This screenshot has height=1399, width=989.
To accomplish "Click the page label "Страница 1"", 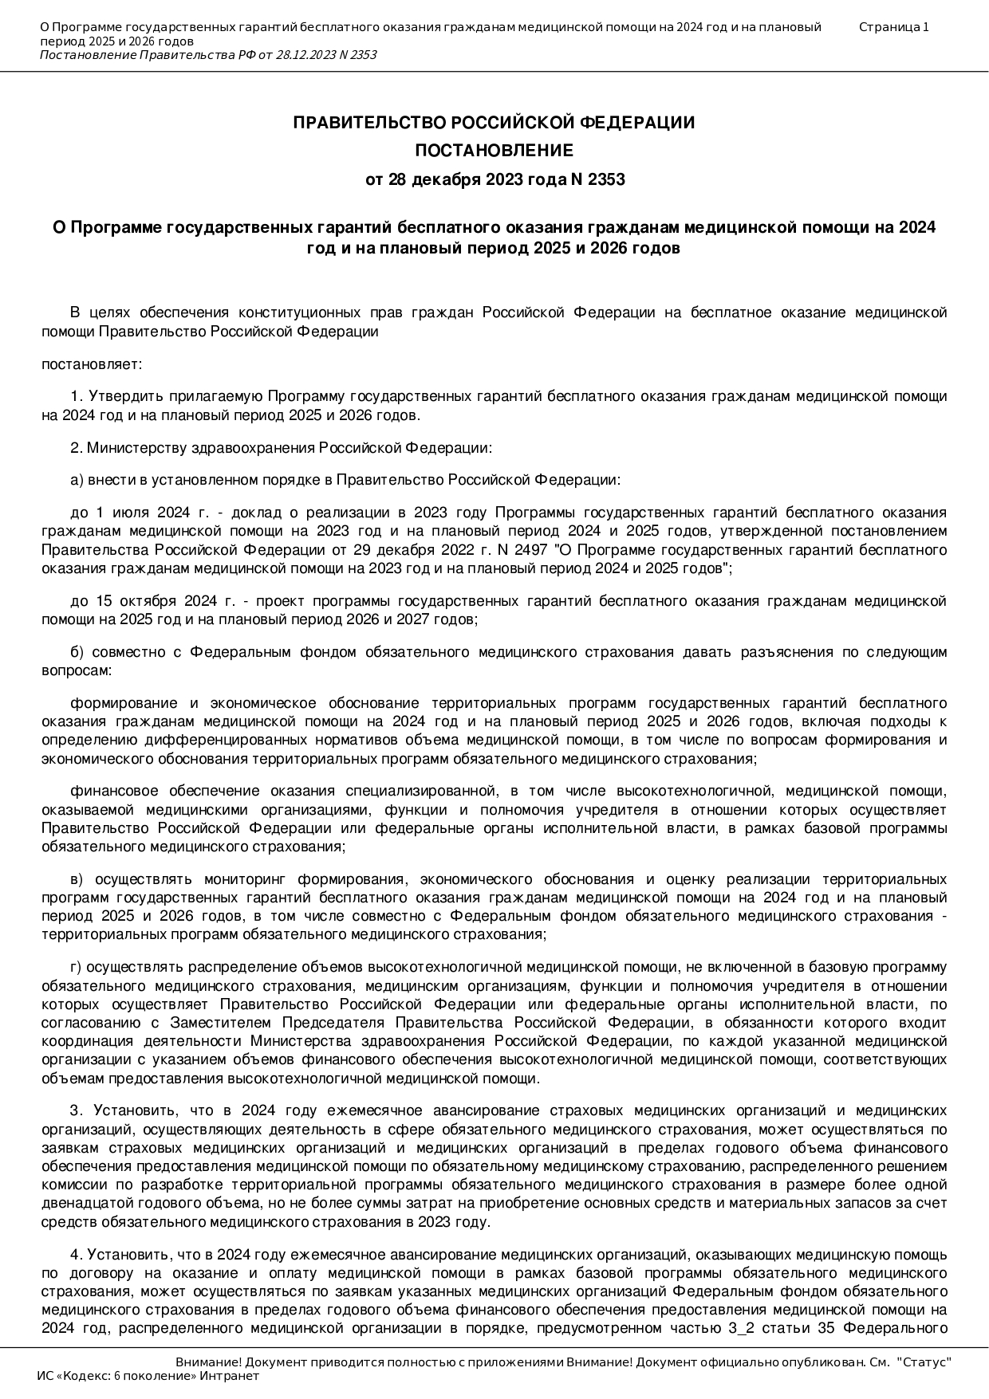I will (x=893, y=27).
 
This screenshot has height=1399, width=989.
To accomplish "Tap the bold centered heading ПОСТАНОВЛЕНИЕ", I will (x=494, y=151).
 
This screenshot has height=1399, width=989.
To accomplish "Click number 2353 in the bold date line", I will (x=605, y=179).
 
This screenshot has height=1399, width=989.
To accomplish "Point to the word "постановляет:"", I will (x=92, y=364).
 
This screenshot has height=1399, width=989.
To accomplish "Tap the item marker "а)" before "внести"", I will (x=77, y=480).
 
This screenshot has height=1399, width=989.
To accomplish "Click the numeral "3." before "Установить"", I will (x=77, y=1111).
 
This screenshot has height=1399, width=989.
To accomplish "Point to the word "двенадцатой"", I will (x=80, y=1204).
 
